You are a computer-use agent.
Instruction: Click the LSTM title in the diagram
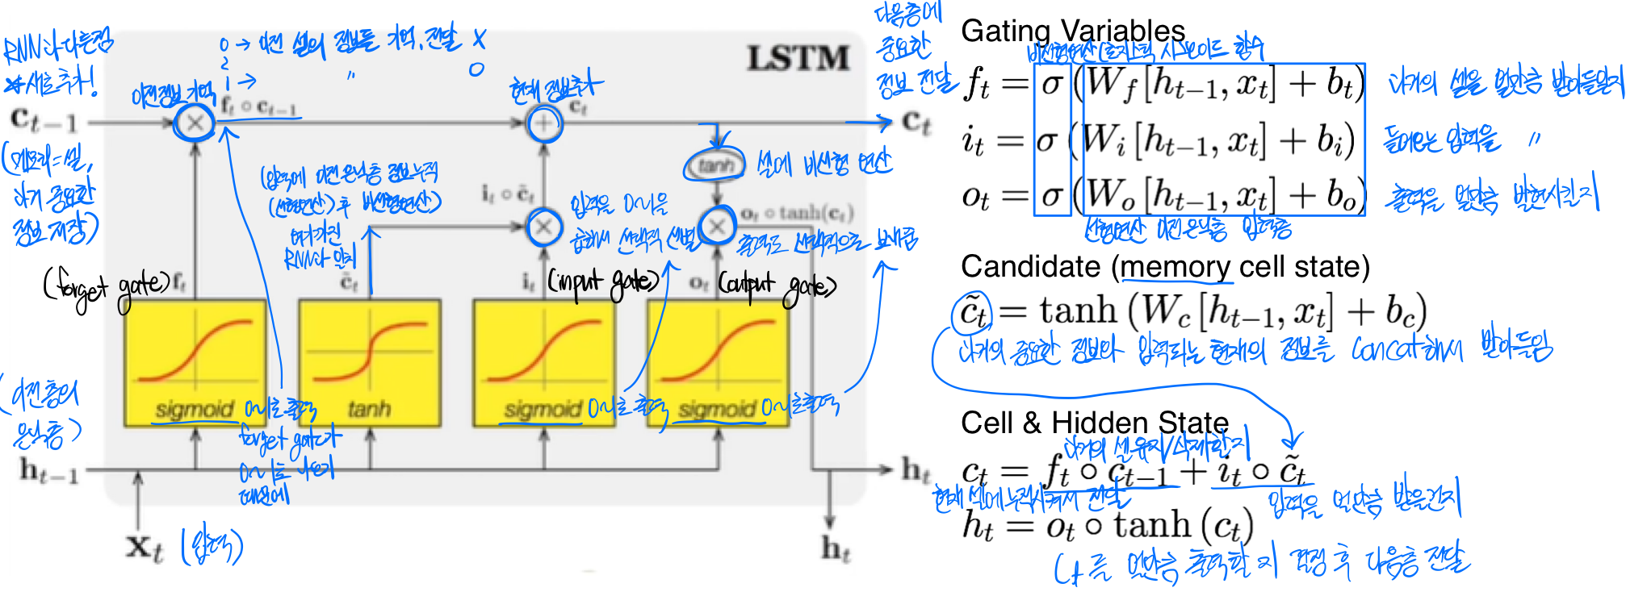coord(798,59)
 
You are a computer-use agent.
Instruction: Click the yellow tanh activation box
coord(370,362)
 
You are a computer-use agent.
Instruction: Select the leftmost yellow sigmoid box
coord(195,362)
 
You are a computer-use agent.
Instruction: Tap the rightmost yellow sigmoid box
coord(718,362)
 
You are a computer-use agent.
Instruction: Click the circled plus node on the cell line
coord(544,123)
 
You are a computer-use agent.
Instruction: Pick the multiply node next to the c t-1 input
coord(195,123)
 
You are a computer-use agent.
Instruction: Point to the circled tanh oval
coord(715,166)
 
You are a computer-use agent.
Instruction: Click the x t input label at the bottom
coord(145,548)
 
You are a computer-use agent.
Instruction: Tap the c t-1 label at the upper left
coord(44,121)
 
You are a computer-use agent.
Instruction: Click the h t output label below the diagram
coord(836,549)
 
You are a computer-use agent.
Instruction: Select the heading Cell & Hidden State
coord(1094,422)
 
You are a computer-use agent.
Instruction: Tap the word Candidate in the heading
coord(1030,266)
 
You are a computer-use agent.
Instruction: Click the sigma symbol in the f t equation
coord(1052,84)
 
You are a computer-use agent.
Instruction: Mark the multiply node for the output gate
coord(717,227)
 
